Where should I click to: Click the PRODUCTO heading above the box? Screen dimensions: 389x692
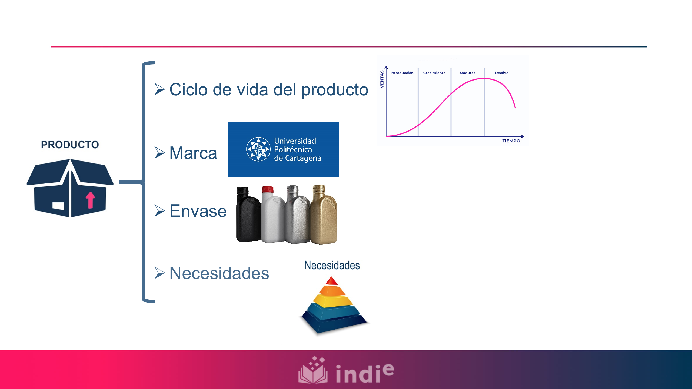(70, 145)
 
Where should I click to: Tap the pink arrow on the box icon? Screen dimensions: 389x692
(90, 200)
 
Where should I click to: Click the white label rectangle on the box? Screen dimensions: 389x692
(58, 206)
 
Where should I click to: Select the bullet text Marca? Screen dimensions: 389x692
(193, 153)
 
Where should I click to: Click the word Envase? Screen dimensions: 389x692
(198, 211)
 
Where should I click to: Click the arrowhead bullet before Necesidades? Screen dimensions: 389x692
(159, 273)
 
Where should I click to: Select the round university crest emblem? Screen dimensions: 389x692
(258, 149)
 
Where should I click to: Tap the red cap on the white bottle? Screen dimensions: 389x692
(268, 189)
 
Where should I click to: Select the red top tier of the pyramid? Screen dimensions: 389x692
(332, 281)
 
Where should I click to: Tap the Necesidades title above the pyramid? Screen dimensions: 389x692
(332, 265)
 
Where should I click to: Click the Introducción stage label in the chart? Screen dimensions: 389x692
(402, 73)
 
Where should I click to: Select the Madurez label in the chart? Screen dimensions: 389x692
(467, 73)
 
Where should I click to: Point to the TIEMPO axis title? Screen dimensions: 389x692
(511, 141)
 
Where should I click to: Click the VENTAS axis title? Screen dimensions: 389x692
(382, 79)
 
